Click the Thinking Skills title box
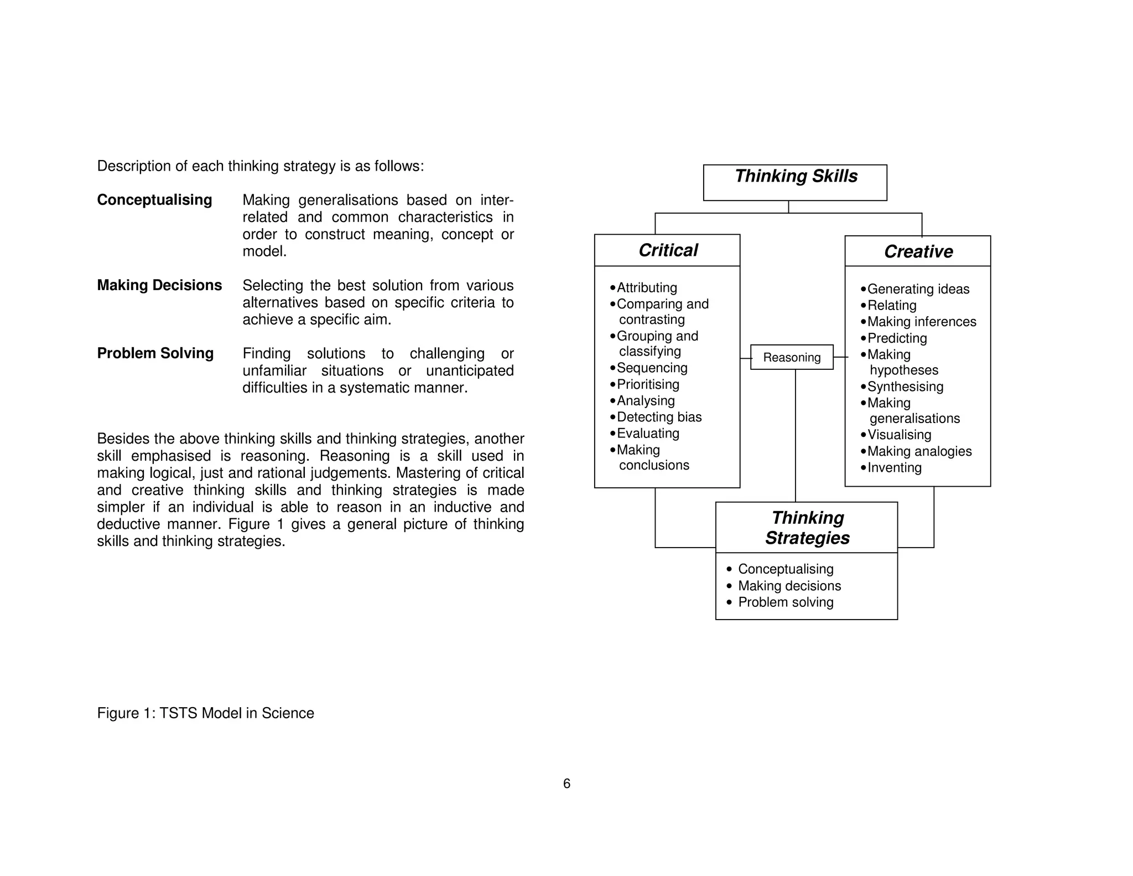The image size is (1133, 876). coord(795,182)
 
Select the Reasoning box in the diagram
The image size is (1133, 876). coord(792,357)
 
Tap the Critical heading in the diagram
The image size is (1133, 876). coord(668,250)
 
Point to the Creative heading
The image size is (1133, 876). coord(918,251)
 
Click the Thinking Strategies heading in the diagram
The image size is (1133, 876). coord(807,528)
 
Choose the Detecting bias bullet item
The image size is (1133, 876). coord(658,417)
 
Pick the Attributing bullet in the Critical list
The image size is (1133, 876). coord(646,287)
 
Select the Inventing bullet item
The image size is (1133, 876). coord(894,467)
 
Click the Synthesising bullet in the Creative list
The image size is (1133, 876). coord(905,387)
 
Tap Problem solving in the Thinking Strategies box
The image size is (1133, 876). coord(785,602)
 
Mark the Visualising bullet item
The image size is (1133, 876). coord(899,435)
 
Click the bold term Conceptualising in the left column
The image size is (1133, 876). coord(154,200)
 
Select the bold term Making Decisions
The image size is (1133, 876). coord(159,285)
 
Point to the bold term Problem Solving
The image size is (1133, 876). coord(155,353)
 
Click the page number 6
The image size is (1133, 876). coord(566,784)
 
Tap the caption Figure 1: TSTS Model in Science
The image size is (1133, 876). coord(205,713)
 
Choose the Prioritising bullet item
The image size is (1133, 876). coord(647,384)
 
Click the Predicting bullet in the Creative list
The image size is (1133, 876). coord(896,338)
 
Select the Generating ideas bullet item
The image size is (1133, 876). coord(918,289)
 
